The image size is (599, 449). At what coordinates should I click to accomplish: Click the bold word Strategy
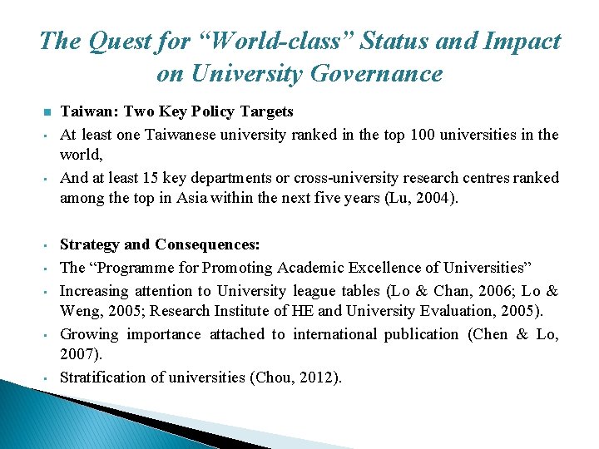pyautogui.click(x=89, y=244)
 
